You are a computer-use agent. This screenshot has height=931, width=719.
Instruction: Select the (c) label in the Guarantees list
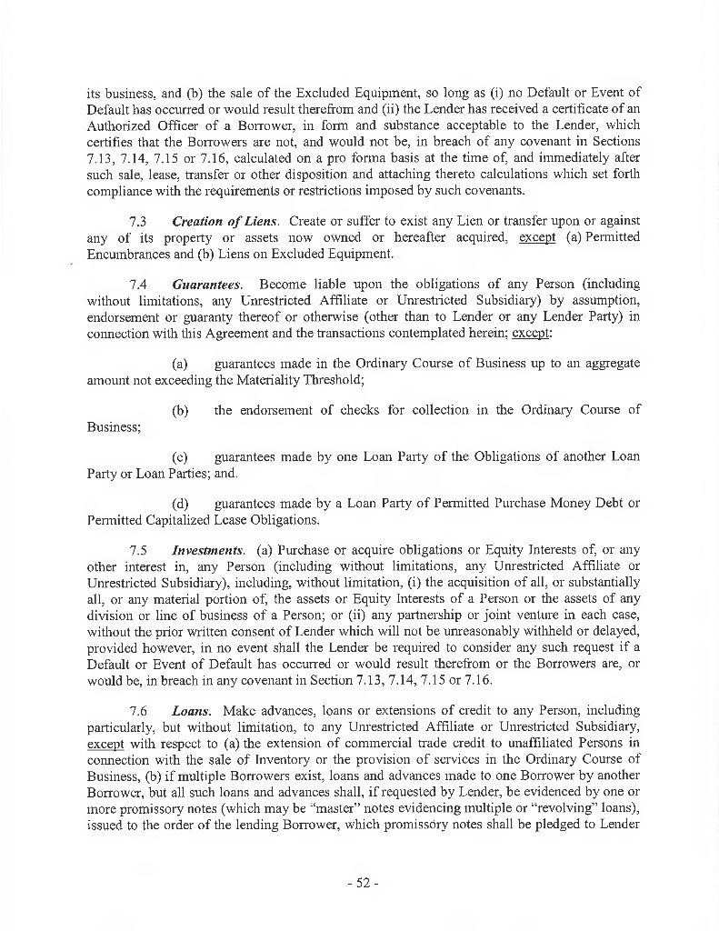tap(181, 456)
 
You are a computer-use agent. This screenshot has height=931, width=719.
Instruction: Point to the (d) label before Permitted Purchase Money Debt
tap(181, 503)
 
